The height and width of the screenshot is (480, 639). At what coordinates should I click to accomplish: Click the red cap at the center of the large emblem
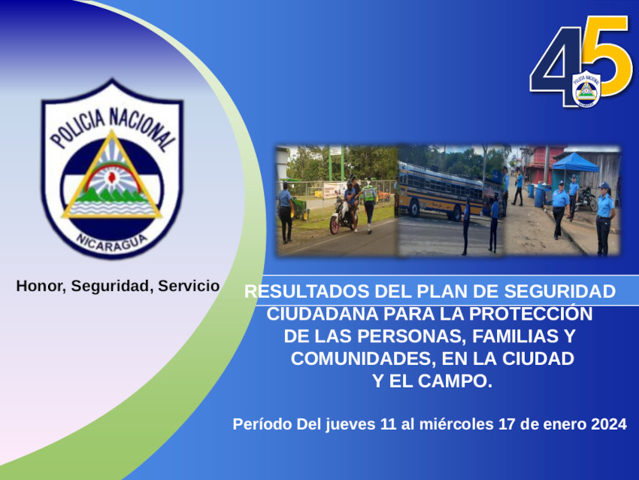pos(111,177)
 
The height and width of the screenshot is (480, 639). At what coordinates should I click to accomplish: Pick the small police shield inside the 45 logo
pos(586,89)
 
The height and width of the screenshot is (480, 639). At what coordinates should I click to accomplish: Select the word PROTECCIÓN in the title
pos(530,314)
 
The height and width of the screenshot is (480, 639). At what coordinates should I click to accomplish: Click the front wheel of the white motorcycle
pos(335,224)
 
